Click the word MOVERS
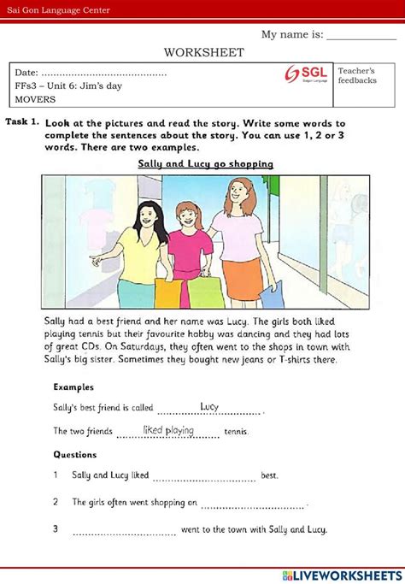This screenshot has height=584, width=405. coord(34,99)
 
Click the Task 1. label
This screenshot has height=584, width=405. coord(22,122)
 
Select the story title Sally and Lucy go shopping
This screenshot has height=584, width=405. coord(205,163)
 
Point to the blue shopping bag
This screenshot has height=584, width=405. coord(272,293)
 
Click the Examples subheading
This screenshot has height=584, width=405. coord(73,386)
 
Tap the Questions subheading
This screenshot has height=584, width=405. coord(74,455)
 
